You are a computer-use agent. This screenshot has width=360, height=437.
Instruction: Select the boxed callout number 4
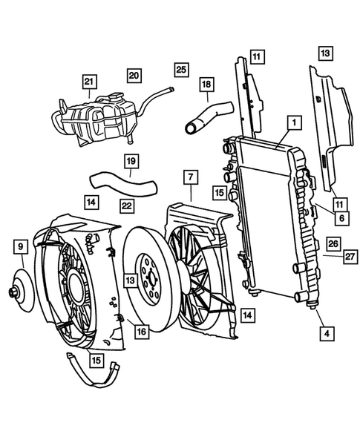pos(324,333)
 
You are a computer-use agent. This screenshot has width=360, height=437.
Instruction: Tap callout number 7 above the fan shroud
pos(191,177)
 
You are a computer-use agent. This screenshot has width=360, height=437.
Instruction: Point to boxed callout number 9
pos(20,245)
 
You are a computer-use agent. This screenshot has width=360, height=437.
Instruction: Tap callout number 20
pos(134,75)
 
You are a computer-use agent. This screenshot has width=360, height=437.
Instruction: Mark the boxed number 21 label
pos(90,82)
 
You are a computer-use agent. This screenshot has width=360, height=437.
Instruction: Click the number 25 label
pos(180,69)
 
